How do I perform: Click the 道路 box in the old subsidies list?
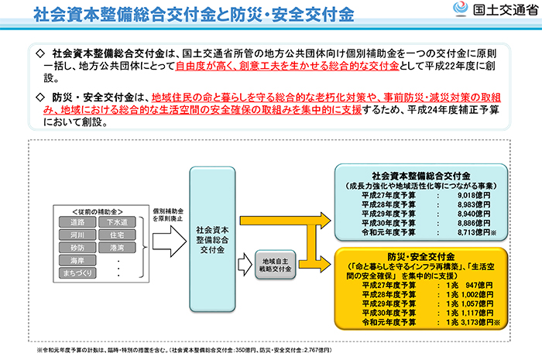(77, 222)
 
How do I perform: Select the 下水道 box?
(117, 222)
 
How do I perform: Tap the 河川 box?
(77, 235)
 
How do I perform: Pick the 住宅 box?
(117, 235)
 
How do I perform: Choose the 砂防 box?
(77, 249)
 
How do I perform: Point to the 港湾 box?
(117, 249)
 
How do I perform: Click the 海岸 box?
(77, 262)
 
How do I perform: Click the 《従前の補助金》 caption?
(95, 211)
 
